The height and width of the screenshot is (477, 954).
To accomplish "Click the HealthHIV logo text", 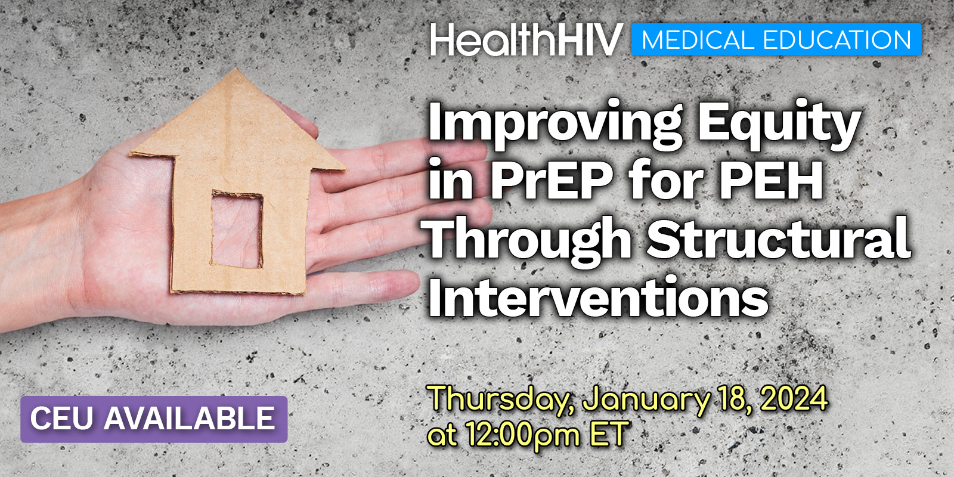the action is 526,39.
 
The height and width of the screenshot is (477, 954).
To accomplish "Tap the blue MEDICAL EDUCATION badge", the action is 776,39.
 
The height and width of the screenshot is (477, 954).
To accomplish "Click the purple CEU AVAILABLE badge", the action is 154,419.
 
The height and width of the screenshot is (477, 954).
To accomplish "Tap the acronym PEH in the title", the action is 771,179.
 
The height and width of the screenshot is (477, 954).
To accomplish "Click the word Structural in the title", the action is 779,238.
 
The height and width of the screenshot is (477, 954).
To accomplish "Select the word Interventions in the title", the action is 598,296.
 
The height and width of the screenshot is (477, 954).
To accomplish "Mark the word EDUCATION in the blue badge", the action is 837,39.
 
